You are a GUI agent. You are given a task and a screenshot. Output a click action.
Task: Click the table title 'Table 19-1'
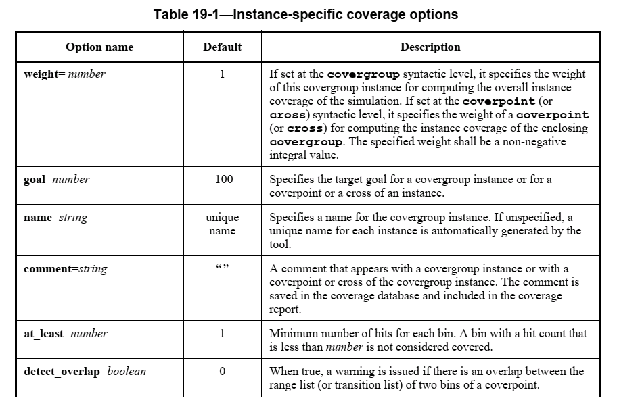305,14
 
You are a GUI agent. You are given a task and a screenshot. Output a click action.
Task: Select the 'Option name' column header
99,47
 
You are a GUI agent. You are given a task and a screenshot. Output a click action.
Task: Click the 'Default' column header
222,47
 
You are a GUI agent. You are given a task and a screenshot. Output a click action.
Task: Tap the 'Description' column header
430,47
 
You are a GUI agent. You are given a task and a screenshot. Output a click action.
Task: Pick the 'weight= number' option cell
64,74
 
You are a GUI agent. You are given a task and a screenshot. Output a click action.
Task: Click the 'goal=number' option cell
56,180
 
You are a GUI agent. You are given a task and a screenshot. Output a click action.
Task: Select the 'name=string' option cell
55,218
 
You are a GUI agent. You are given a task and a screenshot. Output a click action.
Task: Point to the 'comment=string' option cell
65,269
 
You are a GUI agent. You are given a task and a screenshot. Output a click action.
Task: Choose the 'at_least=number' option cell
65,333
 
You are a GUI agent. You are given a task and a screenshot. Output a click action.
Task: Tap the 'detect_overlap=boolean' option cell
85,371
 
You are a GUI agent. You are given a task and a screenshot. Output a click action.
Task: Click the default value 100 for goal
222,180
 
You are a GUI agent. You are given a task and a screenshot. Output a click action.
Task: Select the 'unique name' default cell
222,224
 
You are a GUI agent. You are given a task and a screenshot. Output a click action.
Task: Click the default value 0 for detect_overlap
222,371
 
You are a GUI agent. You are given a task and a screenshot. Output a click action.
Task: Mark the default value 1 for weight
222,74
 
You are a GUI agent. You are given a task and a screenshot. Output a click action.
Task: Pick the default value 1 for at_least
222,333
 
